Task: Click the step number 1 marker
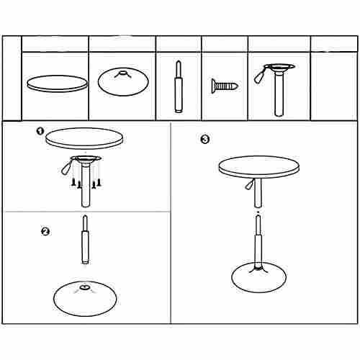tap(40, 131)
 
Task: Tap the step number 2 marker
tap(45, 232)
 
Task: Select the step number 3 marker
tap(204, 139)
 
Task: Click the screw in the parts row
tap(225, 86)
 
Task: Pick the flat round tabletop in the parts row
tap(57, 84)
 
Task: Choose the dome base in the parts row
tap(123, 81)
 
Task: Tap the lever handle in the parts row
tap(259, 76)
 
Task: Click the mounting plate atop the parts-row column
tap(279, 67)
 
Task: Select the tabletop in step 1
tap(85, 138)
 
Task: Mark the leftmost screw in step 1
tap(73, 183)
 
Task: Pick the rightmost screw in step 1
tap(99, 183)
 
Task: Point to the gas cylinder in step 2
tap(85, 240)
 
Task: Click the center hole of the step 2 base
tap(84, 287)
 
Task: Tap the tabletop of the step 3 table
tap(259, 167)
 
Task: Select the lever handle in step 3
tap(249, 184)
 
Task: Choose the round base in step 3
tap(258, 277)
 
